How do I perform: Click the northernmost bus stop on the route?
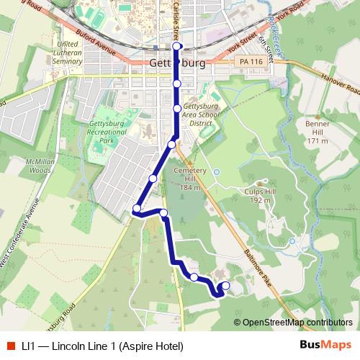[x=177, y=47]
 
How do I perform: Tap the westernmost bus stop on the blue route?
[x=136, y=210]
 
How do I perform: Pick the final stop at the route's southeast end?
[x=226, y=286]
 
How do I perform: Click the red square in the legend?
[x=12, y=346]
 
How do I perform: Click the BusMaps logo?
[x=320, y=346]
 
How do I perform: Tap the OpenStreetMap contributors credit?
[x=294, y=323]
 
